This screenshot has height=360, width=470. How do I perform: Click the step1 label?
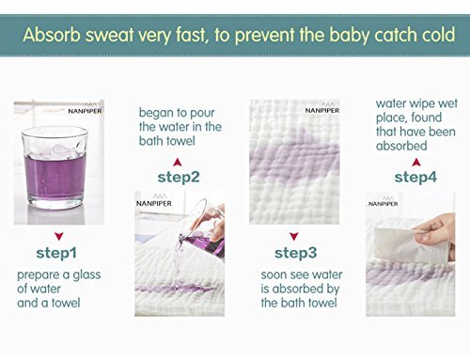pyautogui.click(x=56, y=253)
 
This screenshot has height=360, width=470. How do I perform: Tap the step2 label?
pyautogui.click(x=179, y=178)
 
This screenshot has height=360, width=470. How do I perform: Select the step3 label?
pyautogui.click(x=296, y=253)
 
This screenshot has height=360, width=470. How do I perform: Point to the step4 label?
pyautogui.click(x=415, y=178)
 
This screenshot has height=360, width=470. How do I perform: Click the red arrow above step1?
pyautogui.click(x=59, y=236)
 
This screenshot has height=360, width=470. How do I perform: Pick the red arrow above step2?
pyautogui.click(x=178, y=162)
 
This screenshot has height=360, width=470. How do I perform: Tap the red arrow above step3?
pyautogui.click(x=294, y=236)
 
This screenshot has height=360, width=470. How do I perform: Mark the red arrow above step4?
pyautogui.click(x=416, y=162)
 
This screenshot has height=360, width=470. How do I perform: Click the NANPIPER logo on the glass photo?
pyautogui.click(x=85, y=109)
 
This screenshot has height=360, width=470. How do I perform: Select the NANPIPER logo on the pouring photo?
pyautogui.click(x=154, y=201)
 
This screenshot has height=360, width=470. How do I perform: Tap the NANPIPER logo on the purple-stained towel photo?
pyautogui.click(x=322, y=108)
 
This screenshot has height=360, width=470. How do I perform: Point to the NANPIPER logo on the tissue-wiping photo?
pyautogui.click(x=384, y=202)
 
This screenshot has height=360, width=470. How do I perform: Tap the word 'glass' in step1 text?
pyautogui.click(x=86, y=275)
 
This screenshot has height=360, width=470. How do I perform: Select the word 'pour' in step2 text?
pyautogui.click(x=202, y=114)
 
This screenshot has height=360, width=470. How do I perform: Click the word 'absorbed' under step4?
pyautogui.click(x=401, y=146)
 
